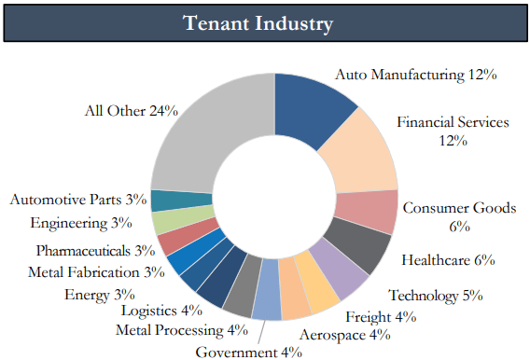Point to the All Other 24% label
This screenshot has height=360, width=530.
131,110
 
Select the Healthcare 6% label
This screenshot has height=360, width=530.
448,260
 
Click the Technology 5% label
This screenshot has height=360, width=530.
435,296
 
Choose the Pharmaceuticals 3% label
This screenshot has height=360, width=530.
95,250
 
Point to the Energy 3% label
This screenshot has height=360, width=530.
98,294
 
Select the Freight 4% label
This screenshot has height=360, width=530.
380,315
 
